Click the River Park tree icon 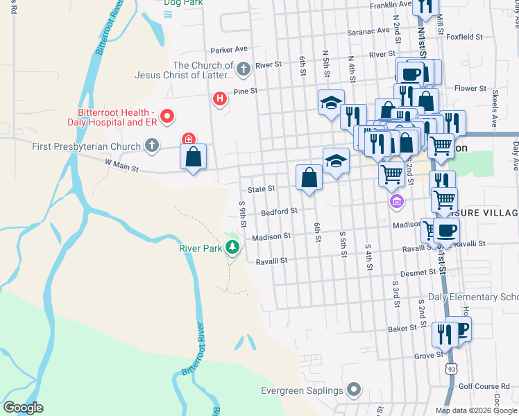click(x=234, y=247)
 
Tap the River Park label click(x=199, y=248)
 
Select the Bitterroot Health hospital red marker click(x=167, y=117)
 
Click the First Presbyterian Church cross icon click(x=152, y=146)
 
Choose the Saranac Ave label click(x=369, y=31)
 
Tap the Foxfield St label click(x=465, y=36)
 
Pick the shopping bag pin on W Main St click(x=194, y=157)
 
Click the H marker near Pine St click(x=220, y=100)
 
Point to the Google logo click(x=24, y=407)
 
